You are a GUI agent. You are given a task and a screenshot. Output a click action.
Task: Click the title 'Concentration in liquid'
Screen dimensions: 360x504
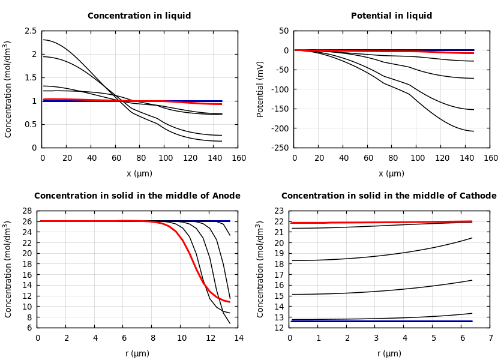pyautogui.click(x=139, y=16)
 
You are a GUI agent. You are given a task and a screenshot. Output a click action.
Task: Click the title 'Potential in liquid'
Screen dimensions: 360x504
pyautogui.click(x=391, y=16)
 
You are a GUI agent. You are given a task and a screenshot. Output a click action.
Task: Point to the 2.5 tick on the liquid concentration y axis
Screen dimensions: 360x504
pyautogui.click(x=30, y=31)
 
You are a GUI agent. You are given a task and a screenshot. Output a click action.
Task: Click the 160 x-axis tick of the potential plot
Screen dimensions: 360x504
pyautogui.click(x=490, y=158)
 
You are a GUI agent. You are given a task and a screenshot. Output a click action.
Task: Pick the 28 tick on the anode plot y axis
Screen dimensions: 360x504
pyautogui.click(x=27, y=211)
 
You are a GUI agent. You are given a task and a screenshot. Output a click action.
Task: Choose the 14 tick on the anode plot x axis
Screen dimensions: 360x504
pyautogui.click(x=238, y=338)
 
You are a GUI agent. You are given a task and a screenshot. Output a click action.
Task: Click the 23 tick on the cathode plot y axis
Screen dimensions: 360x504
pyautogui.click(x=279, y=211)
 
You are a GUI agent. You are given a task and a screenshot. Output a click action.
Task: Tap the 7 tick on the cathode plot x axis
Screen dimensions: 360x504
pyautogui.click(x=490, y=338)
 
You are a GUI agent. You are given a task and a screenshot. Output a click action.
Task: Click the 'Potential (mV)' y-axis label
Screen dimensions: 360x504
pyautogui.click(x=260, y=89)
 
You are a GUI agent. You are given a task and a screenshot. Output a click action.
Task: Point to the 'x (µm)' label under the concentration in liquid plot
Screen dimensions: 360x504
pyautogui.click(x=139, y=173)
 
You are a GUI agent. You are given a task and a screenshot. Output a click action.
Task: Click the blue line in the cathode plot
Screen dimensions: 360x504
pyautogui.click(x=384, y=321)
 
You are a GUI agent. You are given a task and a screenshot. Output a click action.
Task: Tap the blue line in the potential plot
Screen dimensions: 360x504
pyautogui.click(x=420, y=50)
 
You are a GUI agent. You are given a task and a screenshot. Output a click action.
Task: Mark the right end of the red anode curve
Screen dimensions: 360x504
pyautogui.click(x=229, y=302)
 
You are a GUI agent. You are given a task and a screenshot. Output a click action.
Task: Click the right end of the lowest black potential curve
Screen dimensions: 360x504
pyautogui.click(x=473, y=131)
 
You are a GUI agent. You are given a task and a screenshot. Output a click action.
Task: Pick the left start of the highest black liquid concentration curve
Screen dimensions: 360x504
pyautogui.click(x=44, y=40)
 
